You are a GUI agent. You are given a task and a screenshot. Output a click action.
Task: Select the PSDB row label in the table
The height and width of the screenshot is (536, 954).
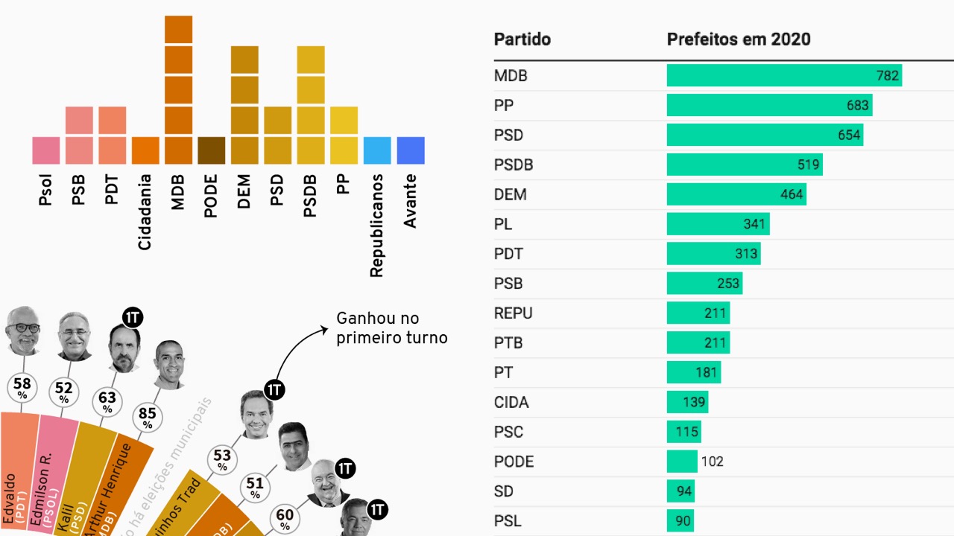tap(514, 165)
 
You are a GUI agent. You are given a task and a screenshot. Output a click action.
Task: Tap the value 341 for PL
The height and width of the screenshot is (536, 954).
tap(754, 224)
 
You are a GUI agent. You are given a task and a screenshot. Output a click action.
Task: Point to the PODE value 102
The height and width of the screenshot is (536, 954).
tap(712, 462)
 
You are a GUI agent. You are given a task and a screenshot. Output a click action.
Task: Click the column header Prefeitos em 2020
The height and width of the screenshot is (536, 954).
tap(738, 39)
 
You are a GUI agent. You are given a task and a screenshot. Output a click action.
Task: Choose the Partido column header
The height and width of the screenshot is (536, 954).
tap(522, 39)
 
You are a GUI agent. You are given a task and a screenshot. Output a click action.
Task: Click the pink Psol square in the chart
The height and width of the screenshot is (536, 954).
tap(46, 150)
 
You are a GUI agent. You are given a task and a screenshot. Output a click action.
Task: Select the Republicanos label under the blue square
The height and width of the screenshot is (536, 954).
tap(376, 226)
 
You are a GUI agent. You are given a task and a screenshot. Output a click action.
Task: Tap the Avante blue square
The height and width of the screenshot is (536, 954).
tap(411, 150)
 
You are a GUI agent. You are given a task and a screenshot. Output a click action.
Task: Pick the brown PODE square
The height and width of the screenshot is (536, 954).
tap(211, 150)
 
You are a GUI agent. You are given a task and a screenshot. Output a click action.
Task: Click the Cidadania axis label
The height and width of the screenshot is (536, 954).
tap(145, 212)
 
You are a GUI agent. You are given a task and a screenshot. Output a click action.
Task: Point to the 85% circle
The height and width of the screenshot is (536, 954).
tap(148, 416)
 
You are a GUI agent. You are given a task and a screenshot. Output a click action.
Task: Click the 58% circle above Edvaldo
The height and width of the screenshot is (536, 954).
tap(22, 387)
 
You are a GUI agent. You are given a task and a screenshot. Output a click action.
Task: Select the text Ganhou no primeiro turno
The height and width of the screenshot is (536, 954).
tap(391, 328)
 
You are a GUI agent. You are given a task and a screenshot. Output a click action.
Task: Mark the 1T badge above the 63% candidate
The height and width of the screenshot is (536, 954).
tap(132, 318)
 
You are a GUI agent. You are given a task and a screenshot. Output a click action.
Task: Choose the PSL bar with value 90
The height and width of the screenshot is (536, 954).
tap(680, 521)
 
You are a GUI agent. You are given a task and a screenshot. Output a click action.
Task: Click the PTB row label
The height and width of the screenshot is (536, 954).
tap(508, 343)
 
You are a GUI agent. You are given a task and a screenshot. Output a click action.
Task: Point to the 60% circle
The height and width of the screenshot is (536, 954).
tap(285, 517)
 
